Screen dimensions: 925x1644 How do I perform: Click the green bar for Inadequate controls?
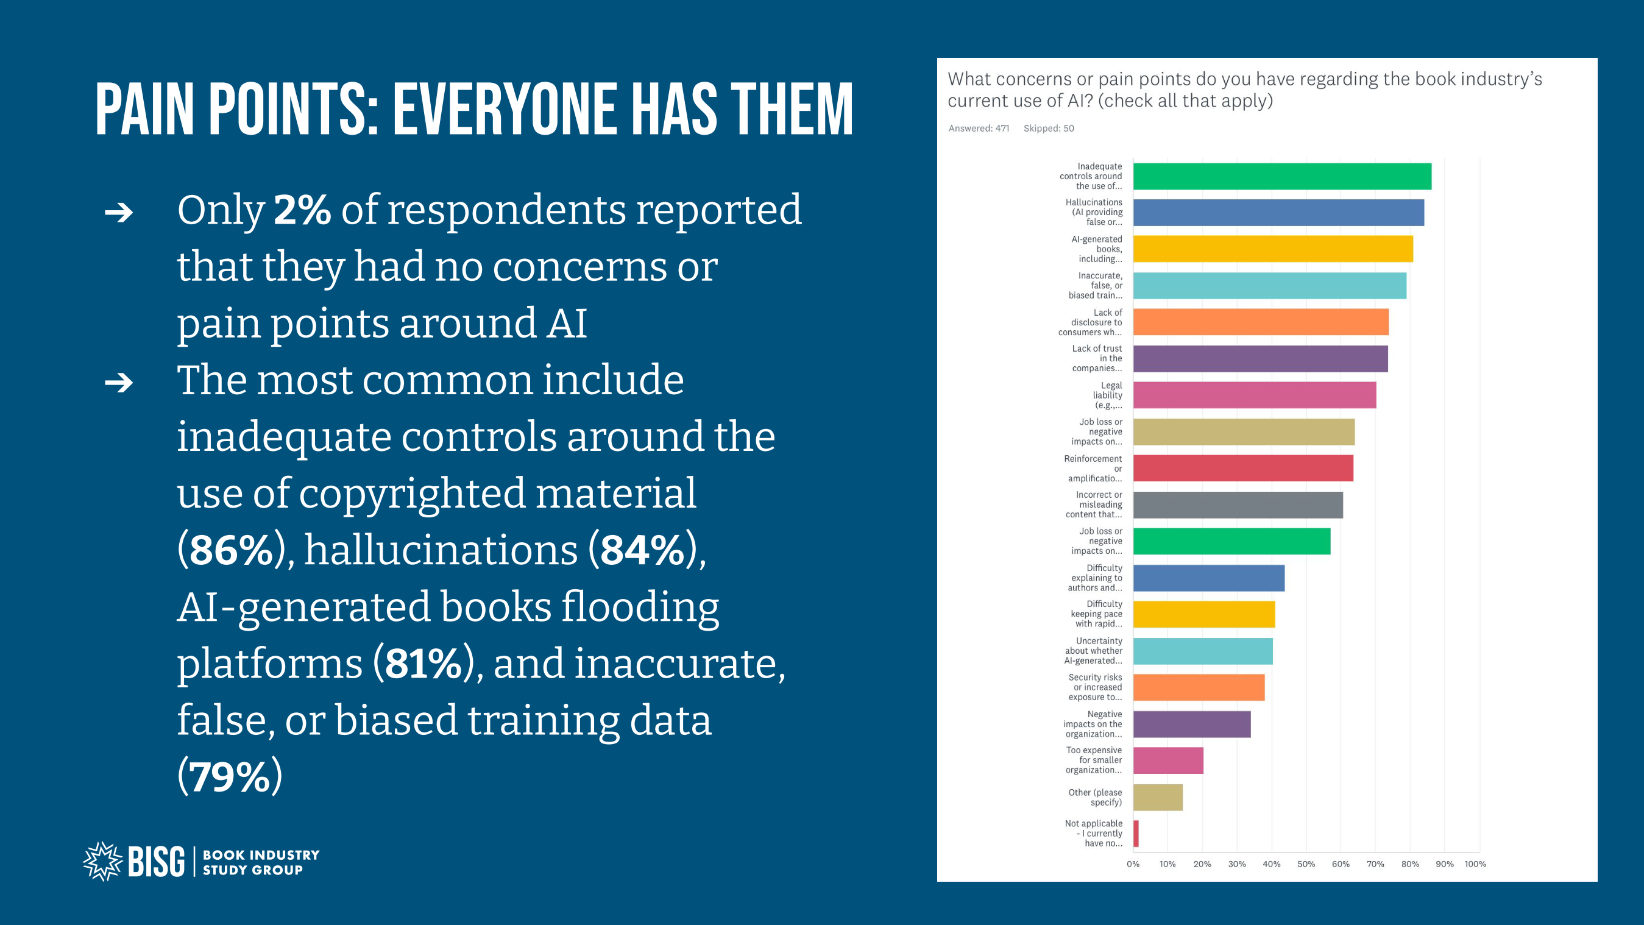(1281, 176)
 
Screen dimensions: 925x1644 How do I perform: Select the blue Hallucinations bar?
(1278, 213)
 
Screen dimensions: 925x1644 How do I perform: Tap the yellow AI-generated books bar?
(1272, 249)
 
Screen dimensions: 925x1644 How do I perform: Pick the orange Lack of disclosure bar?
(1261, 322)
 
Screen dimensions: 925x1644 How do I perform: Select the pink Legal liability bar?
(1254, 395)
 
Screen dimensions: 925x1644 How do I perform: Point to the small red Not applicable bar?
(1136, 834)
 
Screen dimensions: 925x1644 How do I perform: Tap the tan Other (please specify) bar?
(1158, 797)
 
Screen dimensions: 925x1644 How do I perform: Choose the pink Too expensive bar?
(1168, 760)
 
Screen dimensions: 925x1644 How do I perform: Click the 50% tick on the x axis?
(1306, 863)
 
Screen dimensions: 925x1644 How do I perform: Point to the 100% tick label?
(1475, 863)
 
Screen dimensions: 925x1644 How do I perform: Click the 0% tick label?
(1133, 863)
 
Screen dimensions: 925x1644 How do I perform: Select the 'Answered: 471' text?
(979, 129)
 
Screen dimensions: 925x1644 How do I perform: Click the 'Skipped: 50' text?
(1049, 129)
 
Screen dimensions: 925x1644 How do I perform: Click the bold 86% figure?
(231, 550)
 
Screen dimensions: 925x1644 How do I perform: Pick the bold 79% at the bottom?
(230, 777)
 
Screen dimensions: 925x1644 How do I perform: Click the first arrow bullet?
(119, 212)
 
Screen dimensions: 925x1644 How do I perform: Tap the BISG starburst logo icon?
(102, 861)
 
